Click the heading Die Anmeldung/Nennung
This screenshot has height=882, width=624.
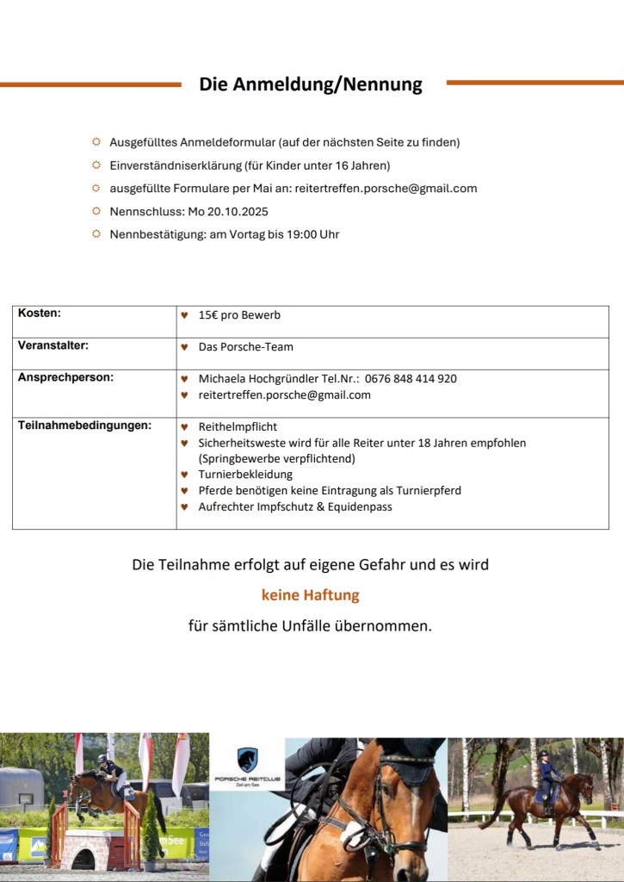311,84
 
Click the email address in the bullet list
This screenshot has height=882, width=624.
386,189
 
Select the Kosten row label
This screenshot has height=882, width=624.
40,314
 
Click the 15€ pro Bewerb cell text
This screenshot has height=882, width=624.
239,315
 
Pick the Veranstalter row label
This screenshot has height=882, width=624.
53,345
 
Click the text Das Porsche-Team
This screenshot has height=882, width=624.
245,347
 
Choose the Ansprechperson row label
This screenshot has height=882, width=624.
65,377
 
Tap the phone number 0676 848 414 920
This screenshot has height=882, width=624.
411,379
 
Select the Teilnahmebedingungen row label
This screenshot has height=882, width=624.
84,425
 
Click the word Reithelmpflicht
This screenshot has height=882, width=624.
238,427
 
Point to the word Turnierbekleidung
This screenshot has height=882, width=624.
245,475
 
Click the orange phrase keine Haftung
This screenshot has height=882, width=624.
311,595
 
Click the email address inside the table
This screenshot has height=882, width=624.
284,395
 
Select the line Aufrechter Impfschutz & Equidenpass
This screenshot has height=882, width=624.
295,507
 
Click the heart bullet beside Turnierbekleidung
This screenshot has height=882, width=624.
184,475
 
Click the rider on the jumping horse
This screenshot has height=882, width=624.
107,767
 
